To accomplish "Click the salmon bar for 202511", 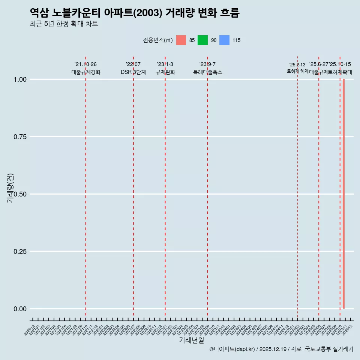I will click(343, 194).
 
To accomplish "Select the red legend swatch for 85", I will click(181, 40).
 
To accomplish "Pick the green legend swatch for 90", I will click(202, 40).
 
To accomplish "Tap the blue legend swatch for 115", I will click(224, 40).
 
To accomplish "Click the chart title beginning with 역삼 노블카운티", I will click(134, 13).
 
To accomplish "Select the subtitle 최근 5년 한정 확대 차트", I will click(64, 24).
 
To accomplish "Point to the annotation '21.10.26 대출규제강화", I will click(86, 68).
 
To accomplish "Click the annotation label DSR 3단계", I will click(133, 72).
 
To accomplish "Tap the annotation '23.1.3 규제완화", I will click(165, 68).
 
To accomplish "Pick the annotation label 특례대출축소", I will click(208, 72).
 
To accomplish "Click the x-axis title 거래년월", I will click(191, 340).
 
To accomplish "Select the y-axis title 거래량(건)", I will click(10, 187).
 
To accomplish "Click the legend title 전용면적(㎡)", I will click(157, 40).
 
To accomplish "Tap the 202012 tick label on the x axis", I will click(30, 330).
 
